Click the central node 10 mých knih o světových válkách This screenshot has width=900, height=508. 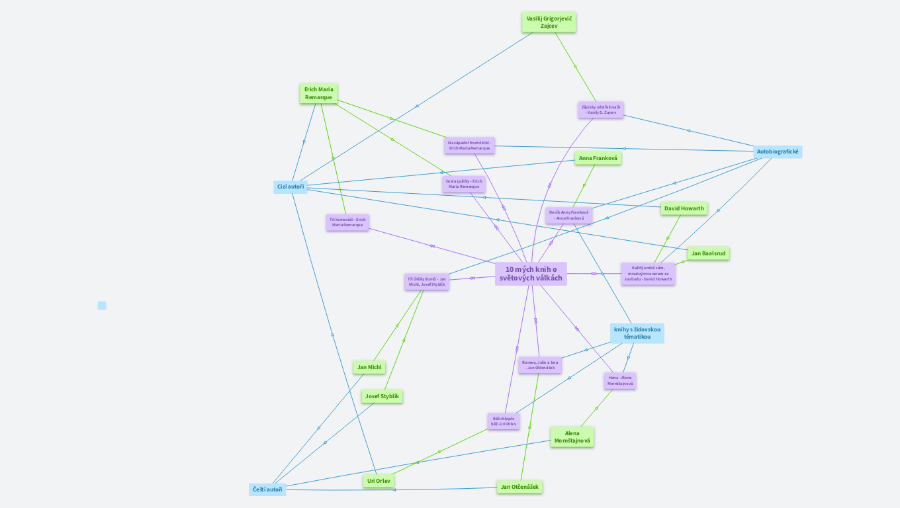click(531, 274)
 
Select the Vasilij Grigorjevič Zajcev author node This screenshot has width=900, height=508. click(549, 22)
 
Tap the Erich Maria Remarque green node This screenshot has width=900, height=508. click(318, 93)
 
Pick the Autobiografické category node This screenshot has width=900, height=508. click(778, 151)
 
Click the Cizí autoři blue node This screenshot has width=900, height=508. click(291, 187)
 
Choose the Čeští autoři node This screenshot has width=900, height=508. click(267, 489)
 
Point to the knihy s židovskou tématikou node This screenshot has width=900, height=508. click(637, 333)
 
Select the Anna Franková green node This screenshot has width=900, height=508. click(598, 158)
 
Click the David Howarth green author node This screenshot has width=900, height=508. click(684, 208)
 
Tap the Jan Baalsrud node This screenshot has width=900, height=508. click(709, 253)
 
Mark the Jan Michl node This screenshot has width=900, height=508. click(369, 367)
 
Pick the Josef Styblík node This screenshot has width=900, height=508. click(382, 396)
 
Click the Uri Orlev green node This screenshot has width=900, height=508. click(379, 481)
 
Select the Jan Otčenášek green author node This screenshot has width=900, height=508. click(519, 487)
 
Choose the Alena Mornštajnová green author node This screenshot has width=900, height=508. click(572, 437)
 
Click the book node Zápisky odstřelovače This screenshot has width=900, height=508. click(601, 110)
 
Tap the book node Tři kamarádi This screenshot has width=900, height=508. click(347, 222)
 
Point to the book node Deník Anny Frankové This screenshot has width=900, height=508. click(568, 215)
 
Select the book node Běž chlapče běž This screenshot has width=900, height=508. click(504, 421)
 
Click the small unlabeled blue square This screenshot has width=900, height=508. click(102, 306)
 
